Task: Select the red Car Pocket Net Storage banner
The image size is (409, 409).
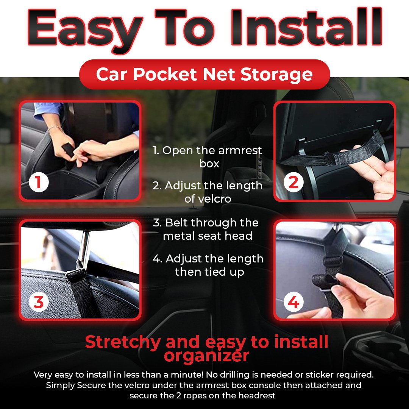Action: pyautogui.click(x=204, y=74)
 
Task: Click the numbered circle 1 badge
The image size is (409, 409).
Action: pyautogui.click(x=39, y=183)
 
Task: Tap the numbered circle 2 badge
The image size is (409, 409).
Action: pyautogui.click(x=293, y=183)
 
